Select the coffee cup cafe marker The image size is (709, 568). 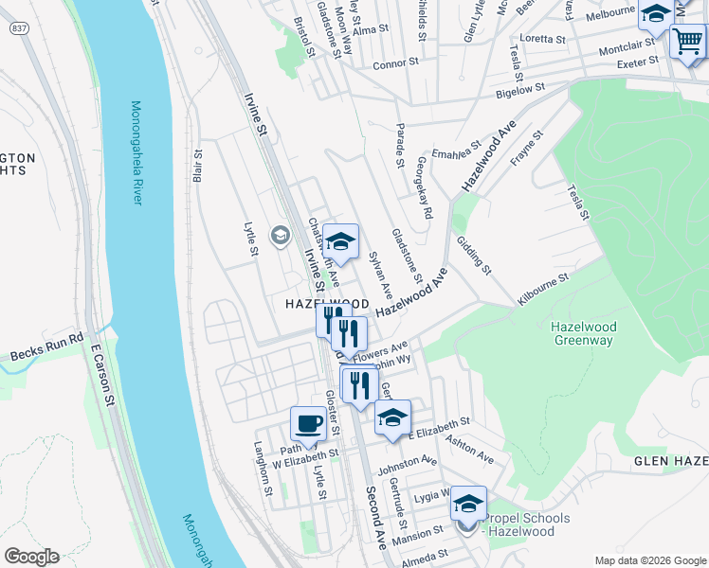click(308, 423)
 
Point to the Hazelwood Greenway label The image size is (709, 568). click(584, 333)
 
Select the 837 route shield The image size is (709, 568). click(18, 28)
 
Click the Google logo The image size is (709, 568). click(31, 556)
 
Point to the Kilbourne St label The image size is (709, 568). click(542, 290)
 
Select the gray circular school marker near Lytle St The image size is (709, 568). click(280, 235)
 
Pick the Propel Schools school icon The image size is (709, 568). click(468, 504)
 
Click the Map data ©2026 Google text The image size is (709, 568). click(649, 560)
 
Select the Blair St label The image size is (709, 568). click(199, 165)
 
